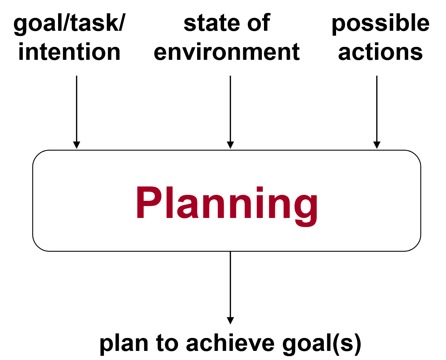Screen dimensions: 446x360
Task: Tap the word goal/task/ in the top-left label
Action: point(69,24)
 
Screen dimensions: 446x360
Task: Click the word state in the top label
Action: point(212,23)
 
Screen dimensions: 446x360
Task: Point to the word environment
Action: point(227,52)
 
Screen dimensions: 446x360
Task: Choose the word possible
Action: point(381,24)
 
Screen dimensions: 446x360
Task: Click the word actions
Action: point(381,52)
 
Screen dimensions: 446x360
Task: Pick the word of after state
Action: point(259,23)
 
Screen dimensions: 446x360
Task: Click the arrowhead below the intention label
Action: point(77,145)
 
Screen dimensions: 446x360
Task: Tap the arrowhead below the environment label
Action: point(230,145)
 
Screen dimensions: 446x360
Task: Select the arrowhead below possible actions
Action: point(377,145)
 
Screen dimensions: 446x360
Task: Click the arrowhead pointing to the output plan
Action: point(230,320)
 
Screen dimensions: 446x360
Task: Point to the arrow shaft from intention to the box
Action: point(77,109)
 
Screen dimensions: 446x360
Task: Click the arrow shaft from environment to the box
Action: point(230,109)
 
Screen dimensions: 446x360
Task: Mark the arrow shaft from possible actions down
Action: point(377,109)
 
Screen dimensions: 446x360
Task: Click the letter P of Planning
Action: point(149,203)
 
